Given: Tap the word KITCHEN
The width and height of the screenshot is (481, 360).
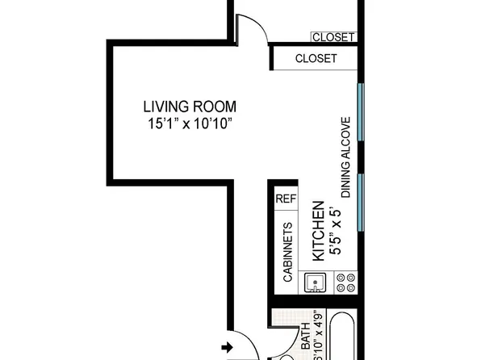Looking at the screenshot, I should (x=318, y=231).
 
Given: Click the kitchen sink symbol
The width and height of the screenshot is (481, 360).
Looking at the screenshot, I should (x=314, y=283).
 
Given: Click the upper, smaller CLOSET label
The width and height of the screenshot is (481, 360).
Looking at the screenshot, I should (x=333, y=37).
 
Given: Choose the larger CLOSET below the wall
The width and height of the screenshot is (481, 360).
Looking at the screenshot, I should (x=316, y=59).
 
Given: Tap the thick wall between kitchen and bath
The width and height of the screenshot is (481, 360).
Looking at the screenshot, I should (x=315, y=303).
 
